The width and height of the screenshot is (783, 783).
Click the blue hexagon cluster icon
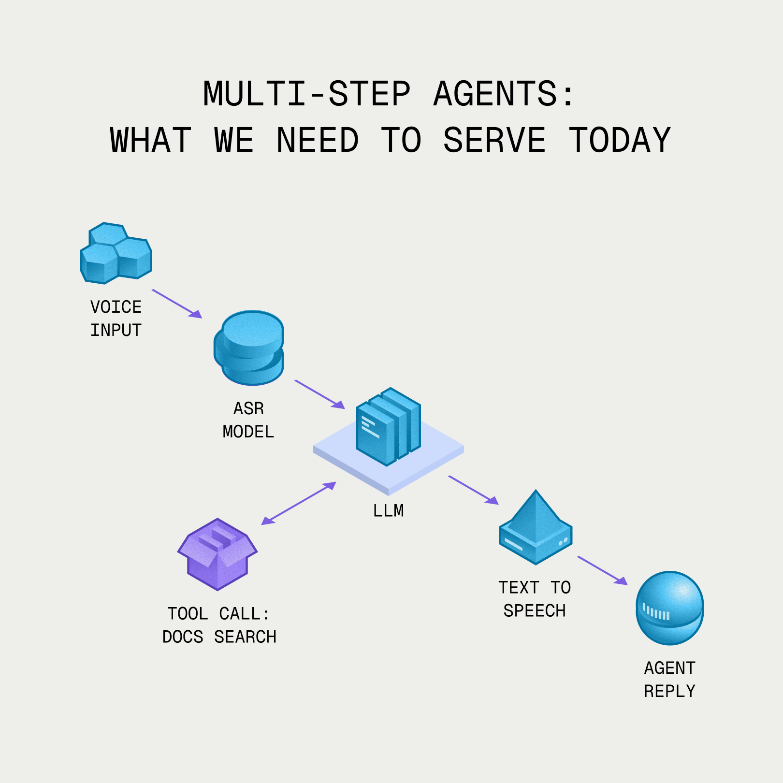pos(116,253)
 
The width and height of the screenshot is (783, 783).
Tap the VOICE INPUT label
pos(116,319)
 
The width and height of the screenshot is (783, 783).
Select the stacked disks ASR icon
pos(249,348)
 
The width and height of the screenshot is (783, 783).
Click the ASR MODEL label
pos(248,420)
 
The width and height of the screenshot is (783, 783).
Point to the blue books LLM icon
pos(388,426)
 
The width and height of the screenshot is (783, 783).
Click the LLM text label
pos(388,511)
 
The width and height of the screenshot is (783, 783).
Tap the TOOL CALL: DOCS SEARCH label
pos(219,625)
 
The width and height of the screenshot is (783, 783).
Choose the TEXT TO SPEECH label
pos(535,599)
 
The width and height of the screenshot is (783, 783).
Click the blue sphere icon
pos(669,608)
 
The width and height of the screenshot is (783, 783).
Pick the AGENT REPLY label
pos(669,680)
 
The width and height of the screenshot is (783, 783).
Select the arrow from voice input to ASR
pos(177,304)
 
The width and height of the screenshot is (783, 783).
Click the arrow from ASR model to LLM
pos(319,394)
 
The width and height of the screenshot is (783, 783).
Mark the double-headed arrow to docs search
pos(298,503)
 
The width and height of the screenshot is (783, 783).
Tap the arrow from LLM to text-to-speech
pos(473,490)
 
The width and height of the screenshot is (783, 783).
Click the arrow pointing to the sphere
pos(602,571)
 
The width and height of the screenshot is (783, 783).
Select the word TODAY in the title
pos(620,140)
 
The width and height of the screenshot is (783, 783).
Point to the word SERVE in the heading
pos(494,140)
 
